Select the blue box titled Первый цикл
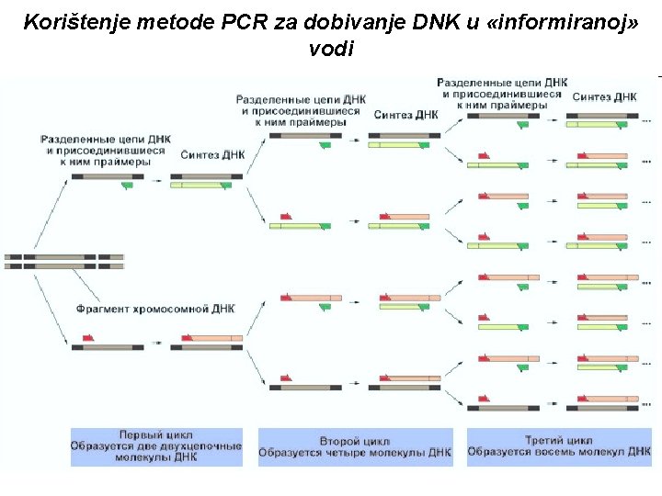tap(156, 446)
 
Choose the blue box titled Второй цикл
tap(355, 446)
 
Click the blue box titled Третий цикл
tap(559, 446)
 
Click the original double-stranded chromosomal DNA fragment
tap(63, 261)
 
